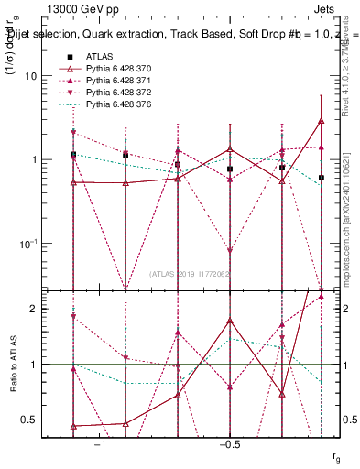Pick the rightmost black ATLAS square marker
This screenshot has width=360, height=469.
pyautogui.click(x=322, y=178)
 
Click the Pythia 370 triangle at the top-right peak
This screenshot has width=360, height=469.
pyautogui.click(x=322, y=120)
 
